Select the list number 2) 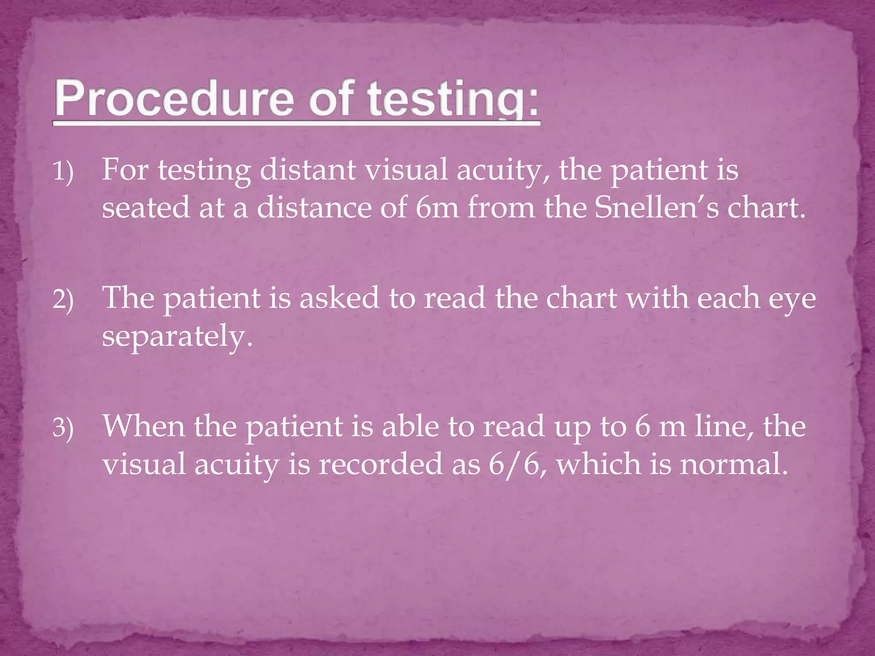(x=63, y=300)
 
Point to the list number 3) (x=63, y=428)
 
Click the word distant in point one (x=308, y=170)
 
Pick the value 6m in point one (x=437, y=208)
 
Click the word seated (x=146, y=208)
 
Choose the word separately (x=177, y=337)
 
